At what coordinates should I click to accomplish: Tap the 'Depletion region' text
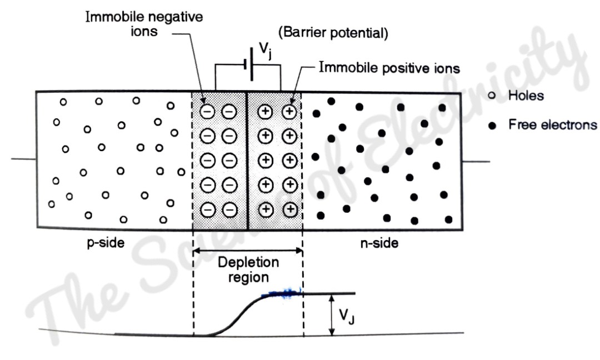248,268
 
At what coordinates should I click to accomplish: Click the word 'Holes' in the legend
526,96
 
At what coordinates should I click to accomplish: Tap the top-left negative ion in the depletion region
207,112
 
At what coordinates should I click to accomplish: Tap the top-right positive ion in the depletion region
289,112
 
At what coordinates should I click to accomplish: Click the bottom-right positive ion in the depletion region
289,209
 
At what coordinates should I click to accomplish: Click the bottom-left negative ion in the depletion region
207,209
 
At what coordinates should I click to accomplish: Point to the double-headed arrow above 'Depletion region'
248,252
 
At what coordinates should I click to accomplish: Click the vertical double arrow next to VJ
332,314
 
